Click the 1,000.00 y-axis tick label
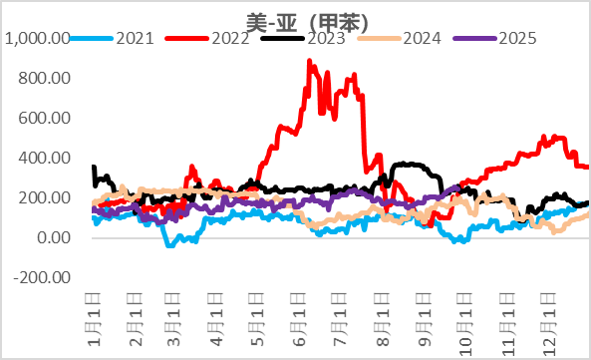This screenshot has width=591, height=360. (x=37, y=39)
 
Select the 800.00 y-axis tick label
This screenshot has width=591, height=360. (x=45, y=78)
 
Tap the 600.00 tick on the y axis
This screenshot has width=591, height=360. (x=45, y=118)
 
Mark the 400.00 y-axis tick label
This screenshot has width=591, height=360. (x=45, y=158)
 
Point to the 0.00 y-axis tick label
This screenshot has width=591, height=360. (x=53, y=237)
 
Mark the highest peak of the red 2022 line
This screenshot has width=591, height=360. (x=309, y=61)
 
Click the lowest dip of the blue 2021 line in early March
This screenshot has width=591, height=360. (x=168, y=244)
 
